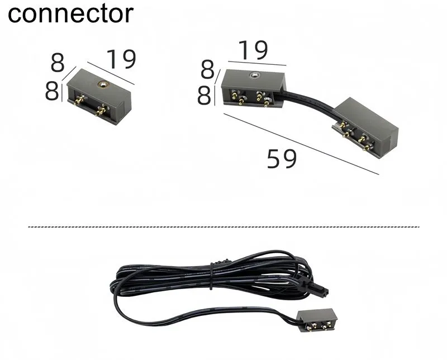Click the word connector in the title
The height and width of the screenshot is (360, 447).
pyautogui.click(x=71, y=13)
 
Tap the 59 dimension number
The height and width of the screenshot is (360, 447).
pyautogui.click(x=282, y=159)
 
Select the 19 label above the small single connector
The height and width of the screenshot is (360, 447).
pyautogui.click(x=121, y=59)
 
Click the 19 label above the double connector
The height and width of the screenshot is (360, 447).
pyautogui.click(x=254, y=50)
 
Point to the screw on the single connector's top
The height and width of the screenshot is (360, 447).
pyautogui.click(x=102, y=84)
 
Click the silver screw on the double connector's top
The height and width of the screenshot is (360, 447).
pyautogui.click(x=254, y=75)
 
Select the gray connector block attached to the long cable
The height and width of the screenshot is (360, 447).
pyautogui.click(x=316, y=320)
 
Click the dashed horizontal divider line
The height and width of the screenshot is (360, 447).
pyautogui.click(x=224, y=227)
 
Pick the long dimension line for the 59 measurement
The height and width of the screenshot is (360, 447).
pyautogui.click(x=301, y=144)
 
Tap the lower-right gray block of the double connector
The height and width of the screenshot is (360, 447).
pyautogui.click(x=365, y=128)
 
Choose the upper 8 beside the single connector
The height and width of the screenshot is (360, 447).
pyautogui.click(x=58, y=63)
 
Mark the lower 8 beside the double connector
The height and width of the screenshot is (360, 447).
pyautogui.click(x=204, y=95)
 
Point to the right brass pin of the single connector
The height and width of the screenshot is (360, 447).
pyautogui.click(x=101, y=110)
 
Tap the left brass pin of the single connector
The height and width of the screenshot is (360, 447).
pyautogui.click(x=79, y=100)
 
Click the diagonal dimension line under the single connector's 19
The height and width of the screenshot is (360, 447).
pyautogui.click(x=111, y=73)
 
